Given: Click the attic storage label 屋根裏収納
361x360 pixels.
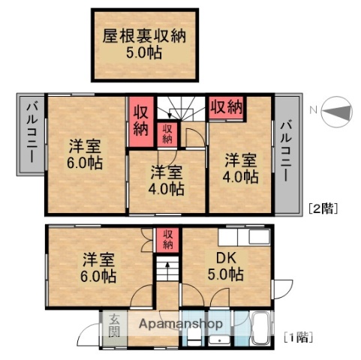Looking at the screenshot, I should (145, 34).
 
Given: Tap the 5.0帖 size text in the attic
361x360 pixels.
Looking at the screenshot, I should (145, 53).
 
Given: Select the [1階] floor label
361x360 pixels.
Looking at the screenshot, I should (298, 338).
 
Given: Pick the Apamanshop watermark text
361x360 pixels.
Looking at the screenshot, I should (177, 324).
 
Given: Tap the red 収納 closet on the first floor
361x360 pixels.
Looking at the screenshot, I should (168, 238).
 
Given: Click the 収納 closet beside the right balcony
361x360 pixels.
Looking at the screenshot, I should (225, 106).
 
